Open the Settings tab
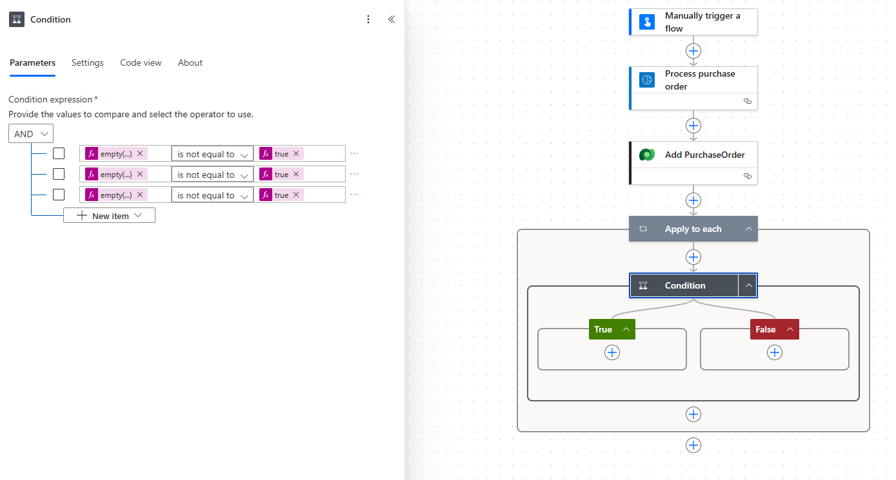(x=87, y=62)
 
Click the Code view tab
(x=141, y=62)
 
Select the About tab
(x=190, y=62)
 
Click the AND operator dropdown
(x=31, y=134)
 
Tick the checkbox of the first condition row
(x=59, y=153)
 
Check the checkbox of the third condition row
(x=59, y=195)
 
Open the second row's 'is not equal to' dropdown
(x=212, y=175)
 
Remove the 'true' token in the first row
(x=296, y=154)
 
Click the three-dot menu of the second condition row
(x=353, y=174)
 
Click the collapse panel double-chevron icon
(x=391, y=19)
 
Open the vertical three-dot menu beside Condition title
(x=368, y=19)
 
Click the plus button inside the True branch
(x=612, y=352)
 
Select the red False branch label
(x=766, y=329)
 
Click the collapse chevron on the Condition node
(x=748, y=285)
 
